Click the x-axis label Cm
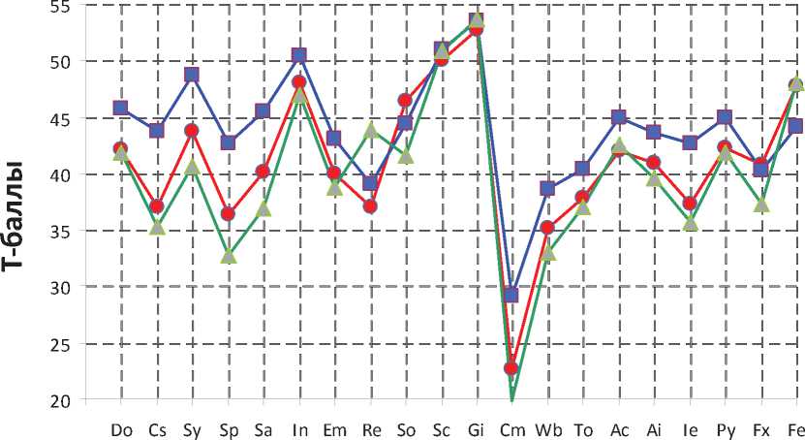(511, 429)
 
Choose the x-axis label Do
(122, 429)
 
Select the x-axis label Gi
(476, 429)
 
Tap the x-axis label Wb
(547, 429)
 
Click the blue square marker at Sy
(192, 75)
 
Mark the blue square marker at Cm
(511, 295)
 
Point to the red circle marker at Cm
(511, 368)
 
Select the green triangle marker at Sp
(228, 256)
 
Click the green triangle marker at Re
(370, 130)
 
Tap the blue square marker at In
(299, 55)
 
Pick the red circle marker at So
(405, 100)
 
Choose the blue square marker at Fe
(796, 126)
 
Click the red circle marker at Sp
(228, 213)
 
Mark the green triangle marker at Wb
(547, 253)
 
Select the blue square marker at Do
(121, 108)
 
